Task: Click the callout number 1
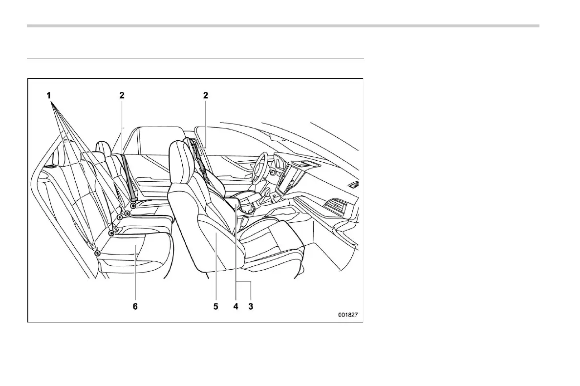[49, 96]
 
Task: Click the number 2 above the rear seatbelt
[122, 96]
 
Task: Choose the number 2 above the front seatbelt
[206, 96]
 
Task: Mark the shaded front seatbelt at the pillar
[200, 156]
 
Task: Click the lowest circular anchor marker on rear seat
[98, 253]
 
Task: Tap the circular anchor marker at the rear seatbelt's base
[133, 206]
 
